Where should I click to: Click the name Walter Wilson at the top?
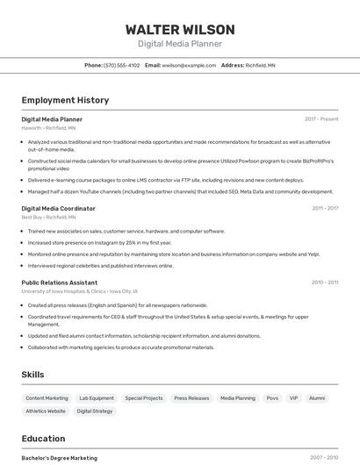180,29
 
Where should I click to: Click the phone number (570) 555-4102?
121,65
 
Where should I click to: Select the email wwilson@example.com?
189,65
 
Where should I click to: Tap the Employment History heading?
65,100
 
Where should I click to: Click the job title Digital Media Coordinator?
58,208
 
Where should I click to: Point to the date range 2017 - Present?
321,119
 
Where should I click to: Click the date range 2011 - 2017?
325,208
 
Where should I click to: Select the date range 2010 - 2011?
325,283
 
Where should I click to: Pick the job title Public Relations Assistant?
59,283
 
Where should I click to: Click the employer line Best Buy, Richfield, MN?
48,217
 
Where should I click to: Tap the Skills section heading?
32,375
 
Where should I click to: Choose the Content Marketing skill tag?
47,397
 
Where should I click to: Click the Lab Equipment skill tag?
97,397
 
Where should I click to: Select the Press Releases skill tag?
191,397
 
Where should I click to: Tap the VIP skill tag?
293,397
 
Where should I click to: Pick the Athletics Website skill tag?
46,411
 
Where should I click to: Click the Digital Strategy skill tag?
95,411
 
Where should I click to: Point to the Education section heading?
43,439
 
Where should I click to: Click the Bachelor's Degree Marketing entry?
59,457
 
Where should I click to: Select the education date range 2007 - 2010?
324,457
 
